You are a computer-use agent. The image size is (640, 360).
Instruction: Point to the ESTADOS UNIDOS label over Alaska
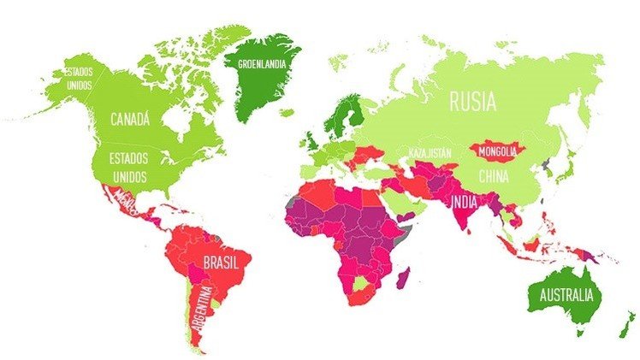click(x=78, y=78)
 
